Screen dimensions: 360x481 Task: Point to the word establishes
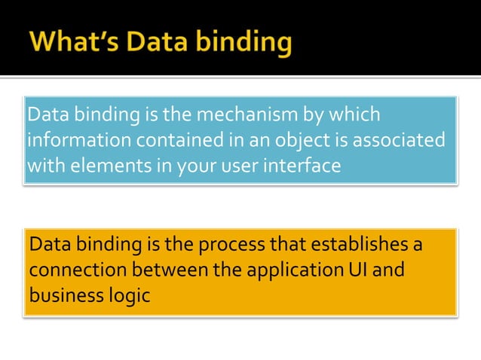354,246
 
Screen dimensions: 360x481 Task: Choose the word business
63,295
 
